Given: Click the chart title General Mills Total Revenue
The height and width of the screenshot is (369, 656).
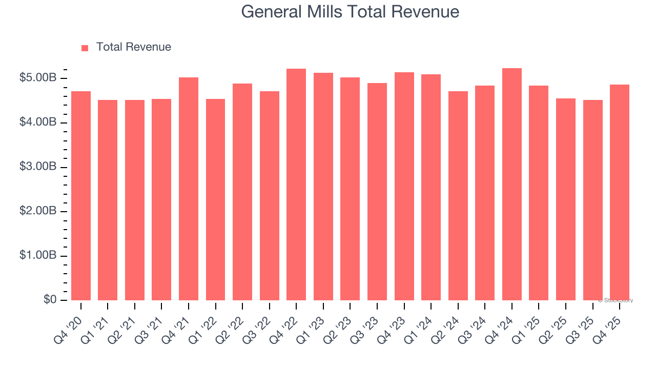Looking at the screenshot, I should point(350,11).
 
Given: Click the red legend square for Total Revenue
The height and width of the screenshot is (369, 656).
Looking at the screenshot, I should point(85,48).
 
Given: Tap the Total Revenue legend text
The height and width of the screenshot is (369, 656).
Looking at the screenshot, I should point(134,47).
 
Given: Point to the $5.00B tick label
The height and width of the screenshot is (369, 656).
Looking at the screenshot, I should point(38,78).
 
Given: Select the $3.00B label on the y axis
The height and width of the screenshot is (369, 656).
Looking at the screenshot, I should point(38,167).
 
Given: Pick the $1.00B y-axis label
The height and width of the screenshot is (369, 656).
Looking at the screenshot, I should point(38,256).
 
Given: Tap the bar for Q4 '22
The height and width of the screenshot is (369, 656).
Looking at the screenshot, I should point(296,184).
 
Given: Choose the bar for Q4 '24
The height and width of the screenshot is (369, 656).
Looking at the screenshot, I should point(512,184).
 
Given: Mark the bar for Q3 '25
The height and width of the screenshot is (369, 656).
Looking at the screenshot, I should point(592,200).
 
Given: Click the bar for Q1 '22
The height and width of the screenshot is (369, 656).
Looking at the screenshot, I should point(215,199).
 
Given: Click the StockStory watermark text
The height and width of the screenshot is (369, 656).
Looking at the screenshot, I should point(616,300).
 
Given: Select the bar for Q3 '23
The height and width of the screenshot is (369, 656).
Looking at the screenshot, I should point(377,192).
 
